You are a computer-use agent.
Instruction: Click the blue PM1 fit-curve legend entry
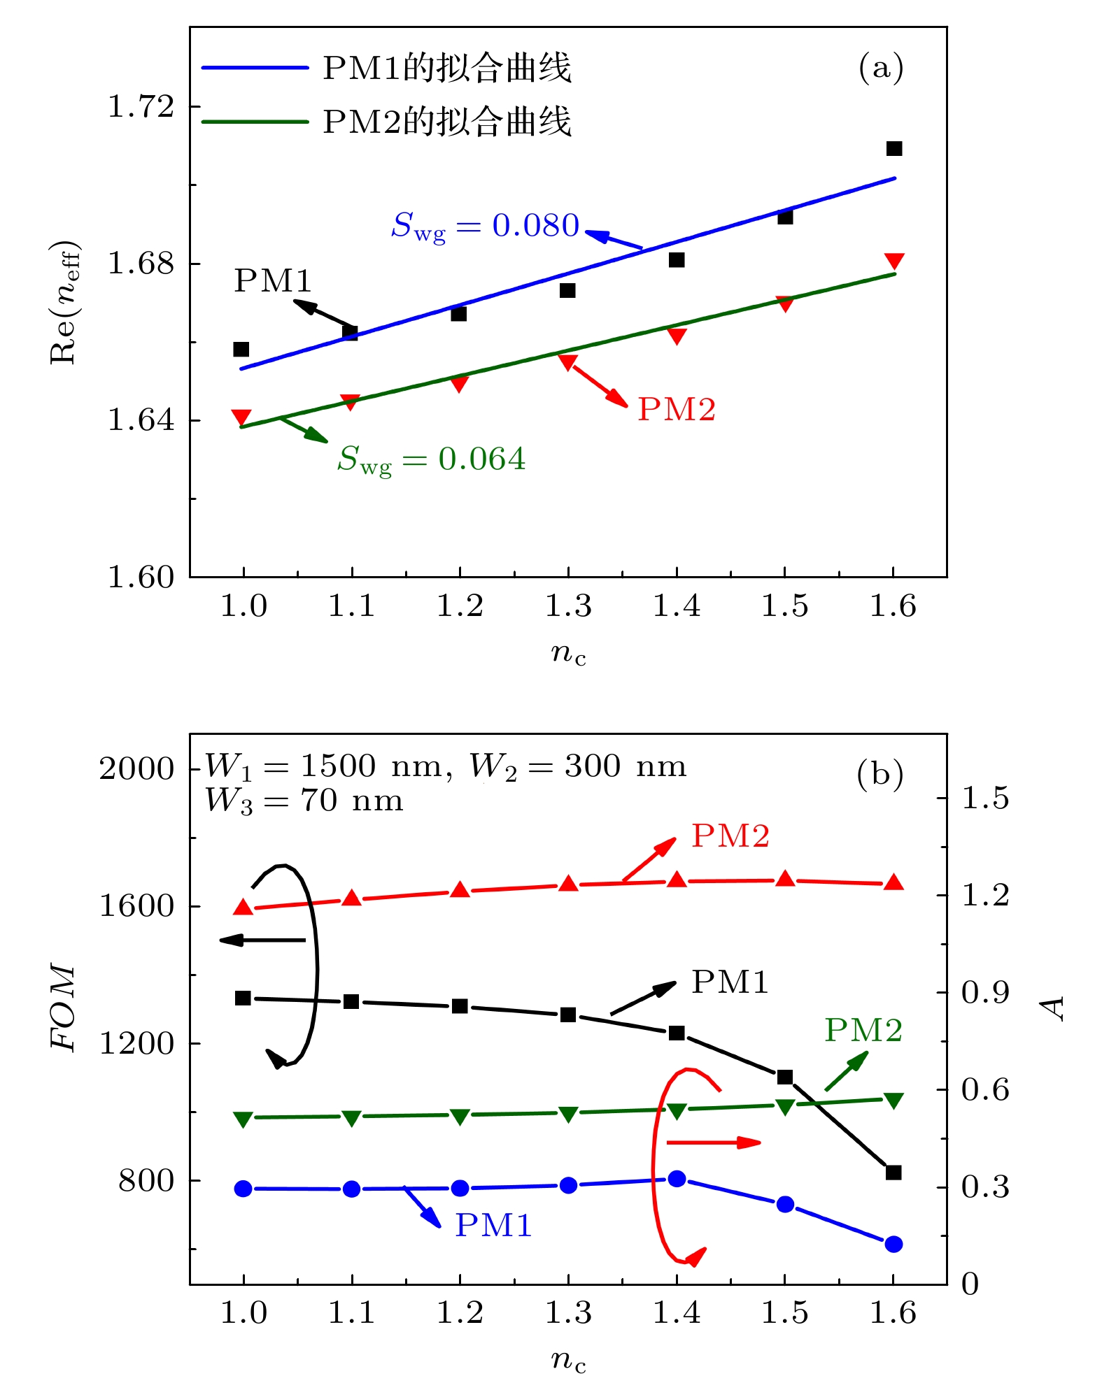[x=386, y=69]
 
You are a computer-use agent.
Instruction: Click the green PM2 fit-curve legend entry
[x=386, y=122]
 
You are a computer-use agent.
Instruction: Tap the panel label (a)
[x=880, y=68]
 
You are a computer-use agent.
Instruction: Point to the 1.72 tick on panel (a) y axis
[x=141, y=107]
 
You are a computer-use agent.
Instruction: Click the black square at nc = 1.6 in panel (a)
[x=893, y=149]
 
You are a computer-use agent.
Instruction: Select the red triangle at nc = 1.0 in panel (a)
[x=241, y=417]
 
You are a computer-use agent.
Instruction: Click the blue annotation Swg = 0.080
[x=485, y=226]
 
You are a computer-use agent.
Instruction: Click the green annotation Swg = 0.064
[x=431, y=459]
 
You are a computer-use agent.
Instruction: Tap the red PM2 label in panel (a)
[x=676, y=410]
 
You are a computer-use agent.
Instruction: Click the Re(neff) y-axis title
[x=64, y=302]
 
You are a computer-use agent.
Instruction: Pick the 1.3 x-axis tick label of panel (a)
[x=567, y=606]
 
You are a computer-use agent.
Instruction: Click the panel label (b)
[x=880, y=775]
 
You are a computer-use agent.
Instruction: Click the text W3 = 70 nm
[x=304, y=801]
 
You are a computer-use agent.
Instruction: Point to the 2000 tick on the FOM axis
[x=136, y=768]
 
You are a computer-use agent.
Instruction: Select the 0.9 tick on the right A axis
[x=984, y=992]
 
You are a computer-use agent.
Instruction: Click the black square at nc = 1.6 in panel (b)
[x=893, y=1173]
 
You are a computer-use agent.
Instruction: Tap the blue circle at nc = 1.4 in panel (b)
[x=677, y=1179]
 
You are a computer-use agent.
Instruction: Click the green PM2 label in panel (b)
[x=863, y=1030]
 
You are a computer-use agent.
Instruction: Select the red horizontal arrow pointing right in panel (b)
[x=713, y=1142]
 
